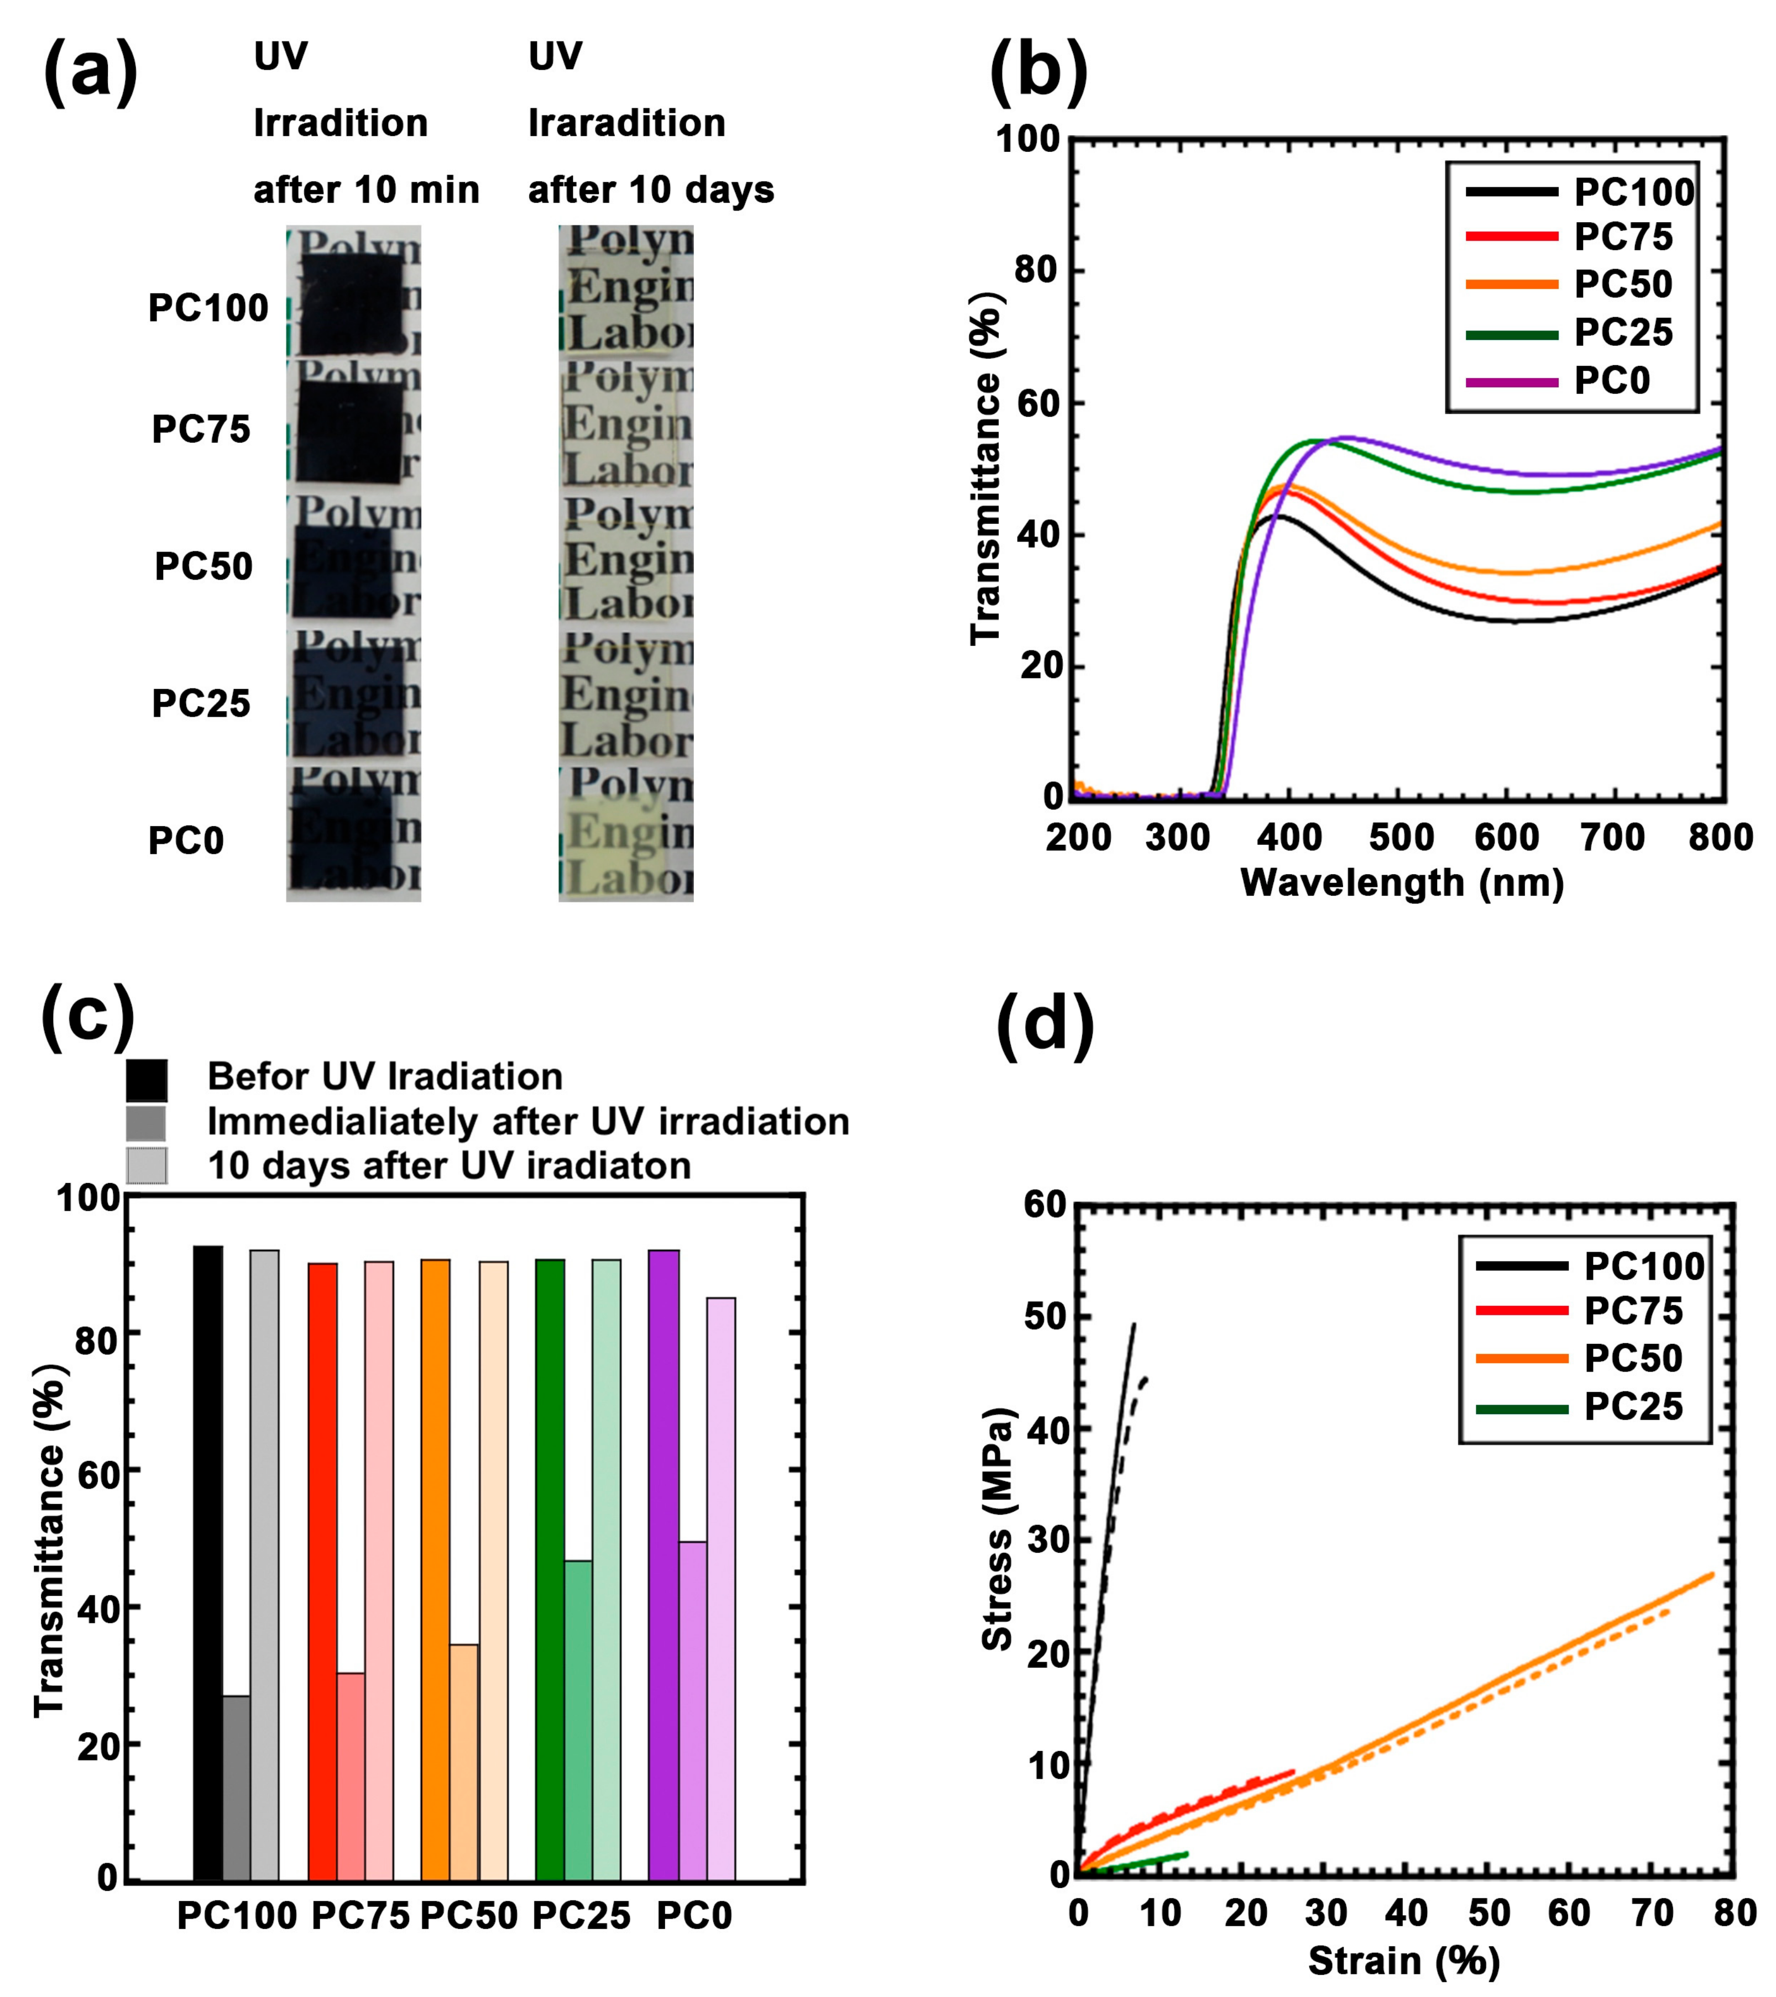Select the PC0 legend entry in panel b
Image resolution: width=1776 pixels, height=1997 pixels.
click(1611, 380)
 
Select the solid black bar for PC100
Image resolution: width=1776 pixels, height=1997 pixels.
click(207, 1563)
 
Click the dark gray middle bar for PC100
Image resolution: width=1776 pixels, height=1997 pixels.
click(237, 1788)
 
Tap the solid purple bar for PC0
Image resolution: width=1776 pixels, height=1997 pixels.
click(664, 1563)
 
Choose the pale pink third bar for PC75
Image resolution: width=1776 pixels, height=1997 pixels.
click(379, 1573)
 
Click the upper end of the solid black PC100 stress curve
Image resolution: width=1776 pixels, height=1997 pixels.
click(1133, 1326)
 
